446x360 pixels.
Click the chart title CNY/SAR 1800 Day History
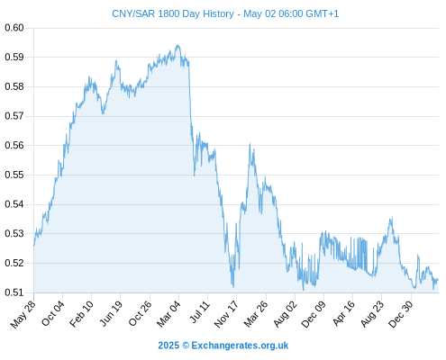pyautogui.click(x=173, y=13)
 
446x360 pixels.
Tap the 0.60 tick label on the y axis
pyautogui.click(x=14, y=28)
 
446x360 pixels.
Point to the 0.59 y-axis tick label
pyautogui.click(x=14, y=57)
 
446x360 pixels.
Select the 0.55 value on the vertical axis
pyautogui.click(x=14, y=175)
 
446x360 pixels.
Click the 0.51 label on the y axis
pyautogui.click(x=14, y=292)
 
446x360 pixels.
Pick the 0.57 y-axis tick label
pyautogui.click(x=14, y=116)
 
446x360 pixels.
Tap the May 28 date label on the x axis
pyautogui.click(x=23, y=314)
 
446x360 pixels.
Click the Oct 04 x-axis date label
pyautogui.click(x=53, y=313)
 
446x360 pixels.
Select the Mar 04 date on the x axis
pyautogui.click(x=168, y=313)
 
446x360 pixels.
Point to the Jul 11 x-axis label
pyautogui.click(x=200, y=312)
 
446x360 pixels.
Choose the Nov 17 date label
pyautogui.click(x=226, y=314)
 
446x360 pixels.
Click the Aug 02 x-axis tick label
pyautogui.click(x=286, y=314)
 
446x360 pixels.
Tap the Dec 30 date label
pyautogui.click(x=401, y=314)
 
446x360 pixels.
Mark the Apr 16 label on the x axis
pyautogui.click(x=344, y=313)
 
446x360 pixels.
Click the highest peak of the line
pyautogui.click(x=177, y=45)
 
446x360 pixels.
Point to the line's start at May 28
pyautogui.click(x=34, y=246)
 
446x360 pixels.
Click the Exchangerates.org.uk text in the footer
pyautogui.click(x=240, y=346)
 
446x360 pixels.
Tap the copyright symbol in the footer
pyautogui.click(x=186, y=346)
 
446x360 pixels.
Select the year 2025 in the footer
pyautogui.click(x=168, y=346)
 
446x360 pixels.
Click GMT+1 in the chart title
pyautogui.click(x=322, y=13)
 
